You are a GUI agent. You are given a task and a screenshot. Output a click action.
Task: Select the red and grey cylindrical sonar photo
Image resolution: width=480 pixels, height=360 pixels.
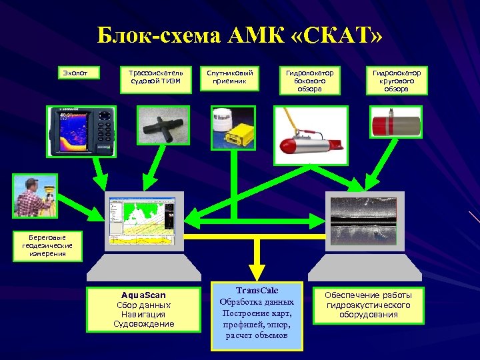click(x=396, y=125)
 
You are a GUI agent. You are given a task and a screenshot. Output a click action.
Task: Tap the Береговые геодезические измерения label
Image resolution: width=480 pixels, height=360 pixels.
click(x=47, y=245)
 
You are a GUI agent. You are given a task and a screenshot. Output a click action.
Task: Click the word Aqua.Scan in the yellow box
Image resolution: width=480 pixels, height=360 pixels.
click(x=144, y=295)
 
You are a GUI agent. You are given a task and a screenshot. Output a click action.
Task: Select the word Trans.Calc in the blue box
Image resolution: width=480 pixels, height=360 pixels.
click(x=257, y=291)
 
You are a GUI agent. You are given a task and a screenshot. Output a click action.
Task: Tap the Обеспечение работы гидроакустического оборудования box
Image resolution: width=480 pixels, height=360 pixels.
click(x=368, y=305)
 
